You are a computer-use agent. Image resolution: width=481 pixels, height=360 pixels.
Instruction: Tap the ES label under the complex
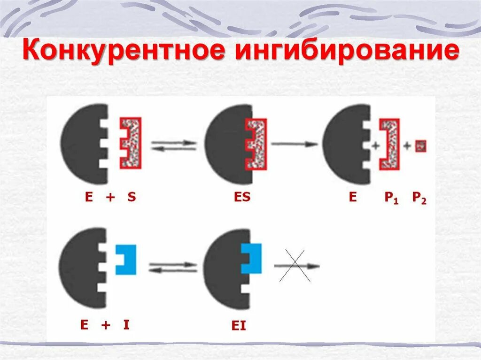[x=242, y=198]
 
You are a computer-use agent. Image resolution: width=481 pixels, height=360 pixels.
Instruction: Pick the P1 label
[x=391, y=198]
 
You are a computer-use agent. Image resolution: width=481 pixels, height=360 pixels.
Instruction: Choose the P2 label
[x=419, y=198]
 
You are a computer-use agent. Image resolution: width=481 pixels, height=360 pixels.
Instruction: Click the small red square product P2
[x=420, y=146]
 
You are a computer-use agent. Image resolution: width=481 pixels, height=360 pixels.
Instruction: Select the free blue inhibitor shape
[x=126, y=259]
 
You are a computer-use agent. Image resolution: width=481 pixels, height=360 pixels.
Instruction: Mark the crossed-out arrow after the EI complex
[x=295, y=267]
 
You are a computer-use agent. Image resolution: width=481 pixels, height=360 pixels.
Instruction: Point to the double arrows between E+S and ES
[x=173, y=146]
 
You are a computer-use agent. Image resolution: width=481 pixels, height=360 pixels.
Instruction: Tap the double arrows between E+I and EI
[x=173, y=268]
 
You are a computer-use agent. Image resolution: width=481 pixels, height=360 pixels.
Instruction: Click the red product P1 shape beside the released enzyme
[x=391, y=144]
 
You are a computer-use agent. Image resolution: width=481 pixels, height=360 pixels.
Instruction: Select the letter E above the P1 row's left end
[x=353, y=198]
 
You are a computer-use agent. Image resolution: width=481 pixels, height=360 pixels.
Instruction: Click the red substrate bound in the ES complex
[x=255, y=143]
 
